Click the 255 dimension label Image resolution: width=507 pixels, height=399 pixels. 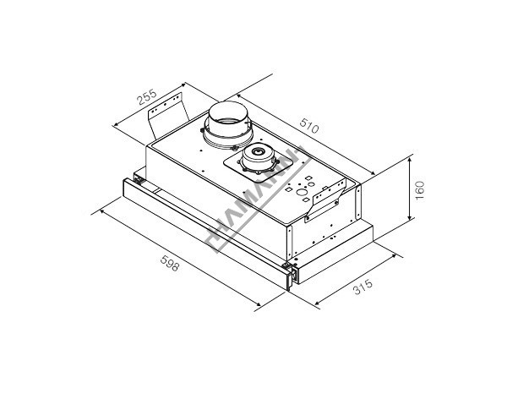click(x=147, y=96)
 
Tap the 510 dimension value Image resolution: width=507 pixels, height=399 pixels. click(x=309, y=126)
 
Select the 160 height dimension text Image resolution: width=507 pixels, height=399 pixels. click(x=419, y=191)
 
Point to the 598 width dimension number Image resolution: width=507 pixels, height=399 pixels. click(x=170, y=263)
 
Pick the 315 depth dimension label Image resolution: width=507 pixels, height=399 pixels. click(x=363, y=287)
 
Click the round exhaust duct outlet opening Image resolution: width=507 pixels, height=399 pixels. click(x=228, y=111)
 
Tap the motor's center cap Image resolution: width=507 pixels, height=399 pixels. click(x=258, y=151)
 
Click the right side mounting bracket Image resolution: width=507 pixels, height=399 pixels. click(x=325, y=199)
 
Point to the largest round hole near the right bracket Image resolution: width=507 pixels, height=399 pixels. click(x=303, y=193)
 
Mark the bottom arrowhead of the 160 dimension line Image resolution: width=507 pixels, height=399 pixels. click(x=409, y=216)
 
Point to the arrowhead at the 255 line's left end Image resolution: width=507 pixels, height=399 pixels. click(x=115, y=124)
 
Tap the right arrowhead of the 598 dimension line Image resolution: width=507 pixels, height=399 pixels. click(x=258, y=303)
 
